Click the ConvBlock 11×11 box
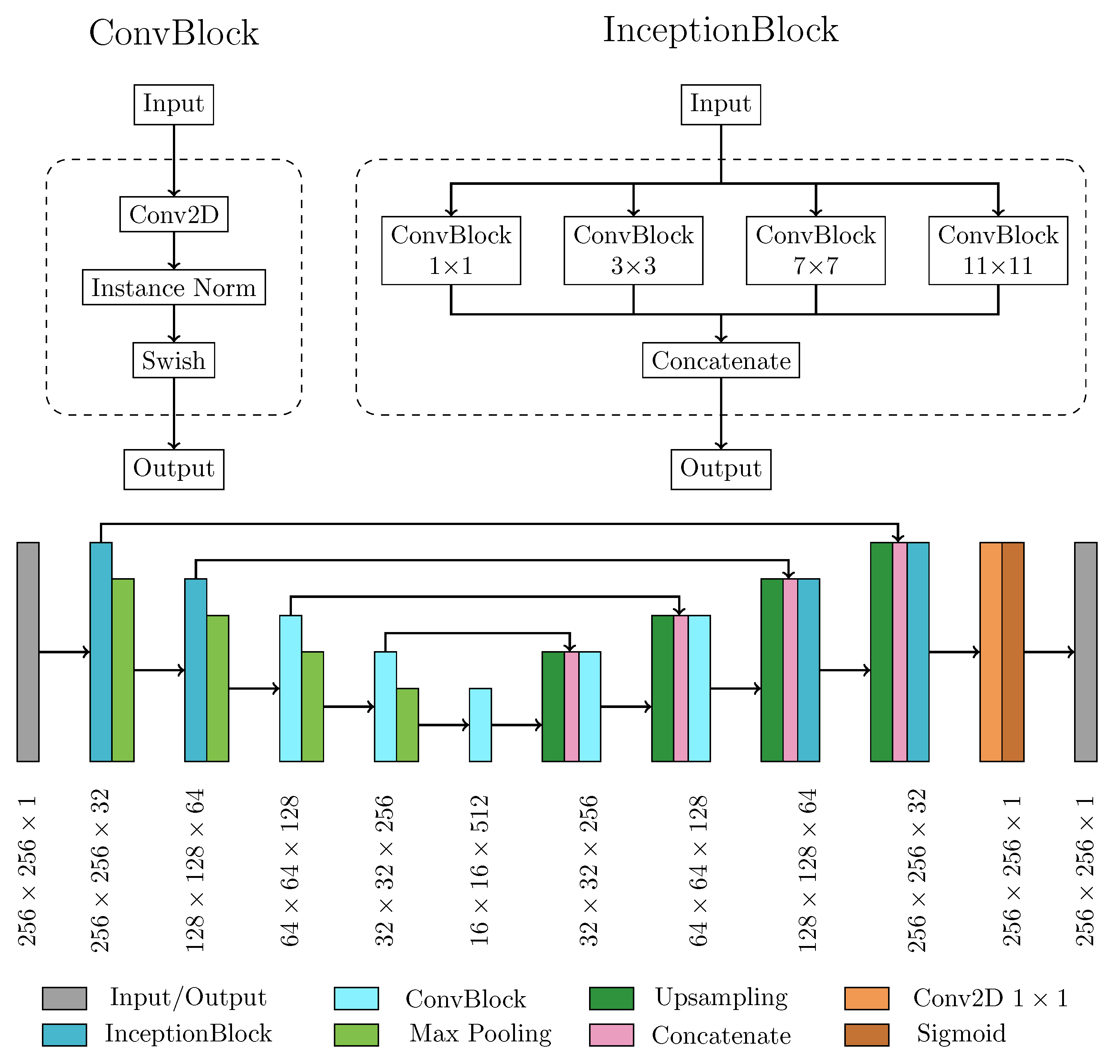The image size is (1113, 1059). [997, 250]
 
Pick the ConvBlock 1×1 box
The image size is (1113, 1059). [451, 250]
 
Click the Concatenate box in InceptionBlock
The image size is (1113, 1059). [720, 360]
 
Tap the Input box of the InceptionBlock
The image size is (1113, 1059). [720, 104]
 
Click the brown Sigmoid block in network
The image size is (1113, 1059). [1012, 652]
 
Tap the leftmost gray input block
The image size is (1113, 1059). [28, 652]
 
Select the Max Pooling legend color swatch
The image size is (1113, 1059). [356, 1035]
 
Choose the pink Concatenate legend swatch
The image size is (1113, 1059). [611, 1035]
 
